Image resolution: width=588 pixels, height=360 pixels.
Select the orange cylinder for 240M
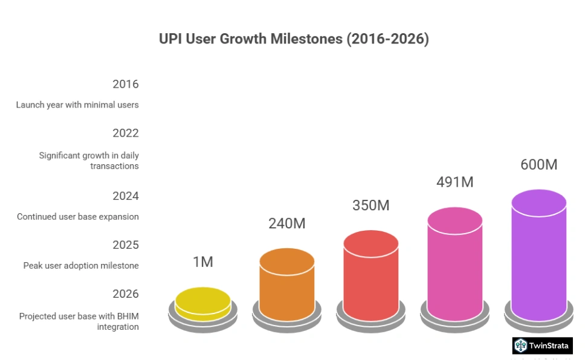pos(287,284)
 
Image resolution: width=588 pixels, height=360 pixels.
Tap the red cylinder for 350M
pos(371,275)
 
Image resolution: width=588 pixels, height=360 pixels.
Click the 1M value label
pos(203,262)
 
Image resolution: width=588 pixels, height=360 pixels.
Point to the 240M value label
pos(287,223)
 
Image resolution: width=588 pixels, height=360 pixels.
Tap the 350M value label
pos(371,205)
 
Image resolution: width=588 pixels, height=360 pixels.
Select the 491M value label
pos(455,182)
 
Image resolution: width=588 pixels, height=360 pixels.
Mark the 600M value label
pos(539,164)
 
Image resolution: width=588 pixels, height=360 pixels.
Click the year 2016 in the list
pos(126,85)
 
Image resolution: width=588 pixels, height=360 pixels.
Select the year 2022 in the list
pos(126,133)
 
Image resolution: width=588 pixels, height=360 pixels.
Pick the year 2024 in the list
pos(126,196)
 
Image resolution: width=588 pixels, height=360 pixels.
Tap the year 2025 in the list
pos(126,245)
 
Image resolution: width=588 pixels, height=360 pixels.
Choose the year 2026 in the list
pos(126,294)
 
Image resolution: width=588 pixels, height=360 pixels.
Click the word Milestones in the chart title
pos(304,39)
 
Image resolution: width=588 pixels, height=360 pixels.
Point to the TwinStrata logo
pos(542,346)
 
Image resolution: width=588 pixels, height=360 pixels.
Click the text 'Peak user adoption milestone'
pos(81,266)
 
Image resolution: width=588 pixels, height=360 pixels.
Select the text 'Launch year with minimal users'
pos(77,105)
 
